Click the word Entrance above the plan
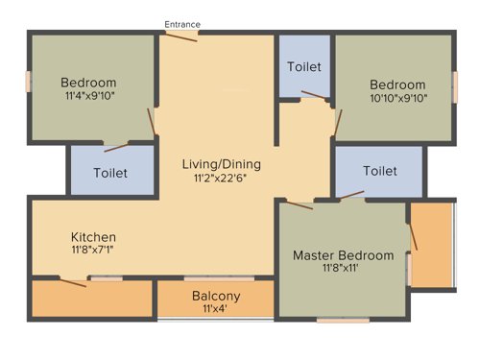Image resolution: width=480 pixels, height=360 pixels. [x=181, y=23]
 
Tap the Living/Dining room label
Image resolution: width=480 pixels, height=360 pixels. [x=221, y=163]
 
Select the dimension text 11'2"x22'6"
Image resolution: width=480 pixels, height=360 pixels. [x=221, y=178]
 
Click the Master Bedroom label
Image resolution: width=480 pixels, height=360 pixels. [x=343, y=255]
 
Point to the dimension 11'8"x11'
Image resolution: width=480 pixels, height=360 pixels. [x=343, y=270]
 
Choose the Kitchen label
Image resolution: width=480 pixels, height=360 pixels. [x=93, y=236]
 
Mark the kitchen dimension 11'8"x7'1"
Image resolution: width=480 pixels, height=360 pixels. [x=93, y=250]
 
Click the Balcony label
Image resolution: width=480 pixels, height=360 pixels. [x=216, y=296]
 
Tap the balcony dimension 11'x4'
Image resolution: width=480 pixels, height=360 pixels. [x=216, y=309]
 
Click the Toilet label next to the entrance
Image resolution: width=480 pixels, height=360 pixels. [x=304, y=66]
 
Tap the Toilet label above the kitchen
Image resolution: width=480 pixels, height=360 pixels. [x=110, y=174]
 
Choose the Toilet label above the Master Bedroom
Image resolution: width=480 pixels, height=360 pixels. [x=379, y=171]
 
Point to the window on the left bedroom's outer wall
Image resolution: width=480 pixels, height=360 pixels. [x=29, y=81]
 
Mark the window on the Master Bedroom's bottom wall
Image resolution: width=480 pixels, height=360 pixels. [x=343, y=320]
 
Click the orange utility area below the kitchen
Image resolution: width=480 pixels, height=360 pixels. [x=91, y=299]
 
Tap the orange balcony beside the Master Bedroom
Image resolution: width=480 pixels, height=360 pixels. [x=432, y=245]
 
